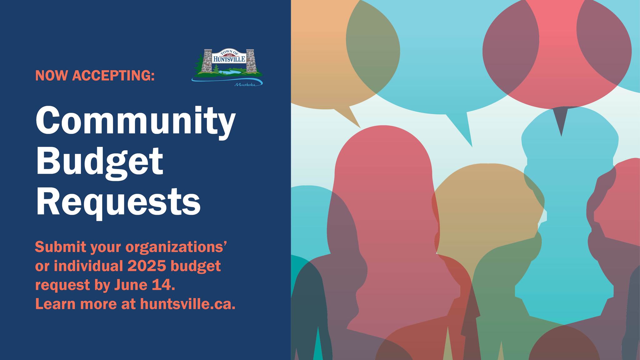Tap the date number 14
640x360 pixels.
163,285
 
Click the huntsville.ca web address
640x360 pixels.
187,304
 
